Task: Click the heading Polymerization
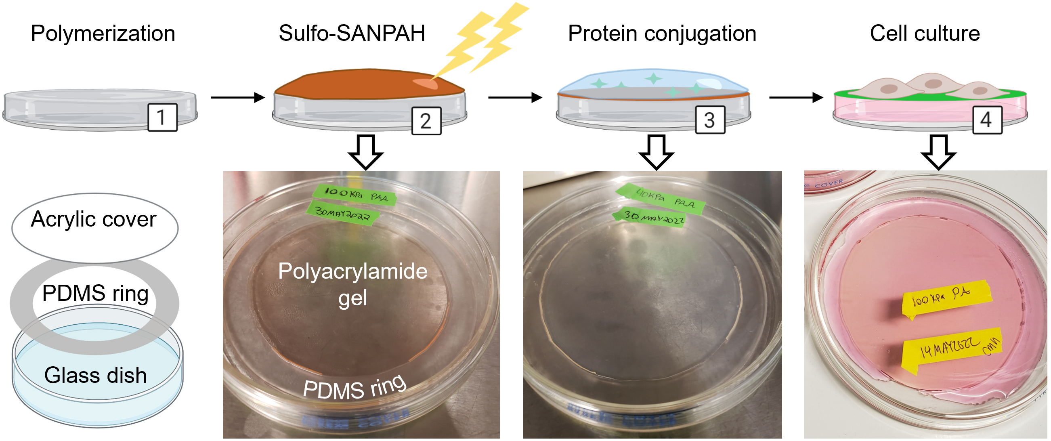(x=103, y=34)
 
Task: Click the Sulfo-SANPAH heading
(x=352, y=34)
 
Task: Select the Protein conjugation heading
(x=662, y=34)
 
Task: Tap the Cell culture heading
(x=925, y=34)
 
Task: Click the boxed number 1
(x=162, y=118)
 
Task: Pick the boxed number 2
(x=426, y=121)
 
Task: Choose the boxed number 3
(x=709, y=120)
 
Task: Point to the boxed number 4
(x=987, y=120)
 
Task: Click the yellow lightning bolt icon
(x=488, y=39)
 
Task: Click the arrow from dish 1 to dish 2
(x=237, y=97)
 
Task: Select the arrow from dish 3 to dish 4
(x=795, y=97)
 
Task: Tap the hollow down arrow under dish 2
(x=365, y=152)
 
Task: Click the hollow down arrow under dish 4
(x=938, y=152)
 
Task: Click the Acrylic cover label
(x=94, y=219)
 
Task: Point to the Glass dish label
(x=95, y=375)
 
